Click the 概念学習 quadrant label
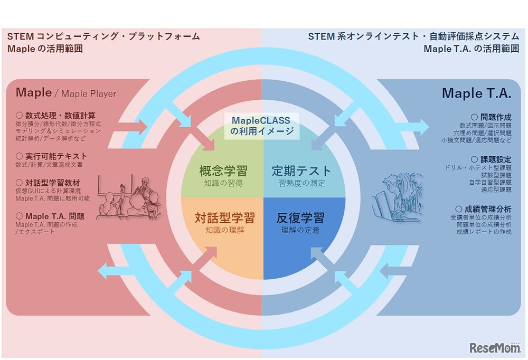click(x=223, y=171)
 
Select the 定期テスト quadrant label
click(x=301, y=171)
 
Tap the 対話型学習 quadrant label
click(x=224, y=217)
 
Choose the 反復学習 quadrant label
click(x=300, y=217)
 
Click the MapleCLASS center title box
click(x=262, y=126)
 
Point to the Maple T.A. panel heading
click(x=476, y=93)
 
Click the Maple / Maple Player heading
click(x=65, y=93)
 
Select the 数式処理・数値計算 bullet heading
click(x=55, y=115)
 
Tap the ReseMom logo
click(x=494, y=347)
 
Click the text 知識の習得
click(x=223, y=184)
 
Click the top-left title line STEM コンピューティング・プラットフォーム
click(x=103, y=36)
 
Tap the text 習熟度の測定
click(x=302, y=184)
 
